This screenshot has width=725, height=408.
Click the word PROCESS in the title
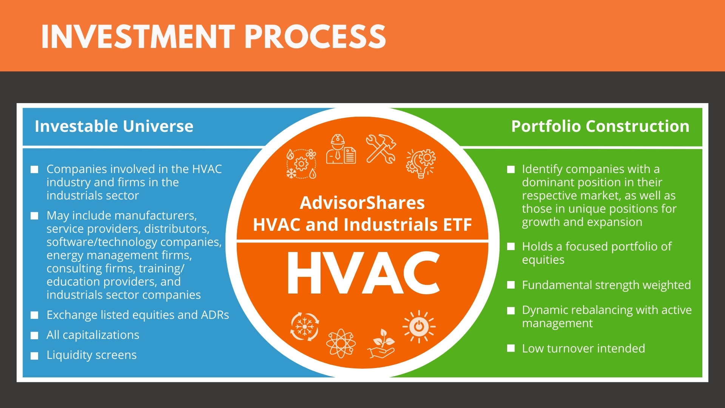coord(315,37)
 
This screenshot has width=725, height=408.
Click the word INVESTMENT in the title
coord(138,37)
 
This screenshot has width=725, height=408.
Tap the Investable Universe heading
coord(114,126)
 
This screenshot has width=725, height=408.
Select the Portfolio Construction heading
coord(600,126)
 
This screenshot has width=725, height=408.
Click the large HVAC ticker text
coord(364,273)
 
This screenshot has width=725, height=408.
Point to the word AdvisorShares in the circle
coord(362,203)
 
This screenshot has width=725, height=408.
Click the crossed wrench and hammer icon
coord(381,149)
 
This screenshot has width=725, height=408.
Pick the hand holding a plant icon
coord(381,343)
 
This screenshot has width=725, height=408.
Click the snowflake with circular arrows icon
coord(304,327)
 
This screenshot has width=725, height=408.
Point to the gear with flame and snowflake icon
coord(301,164)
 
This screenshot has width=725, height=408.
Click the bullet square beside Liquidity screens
coord(34,356)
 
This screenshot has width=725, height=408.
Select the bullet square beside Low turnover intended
coord(511,348)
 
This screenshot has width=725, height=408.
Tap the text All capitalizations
coord(93,335)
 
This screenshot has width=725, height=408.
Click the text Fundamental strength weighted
coord(606,285)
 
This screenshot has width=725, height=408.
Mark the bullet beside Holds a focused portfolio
coord(511,246)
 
